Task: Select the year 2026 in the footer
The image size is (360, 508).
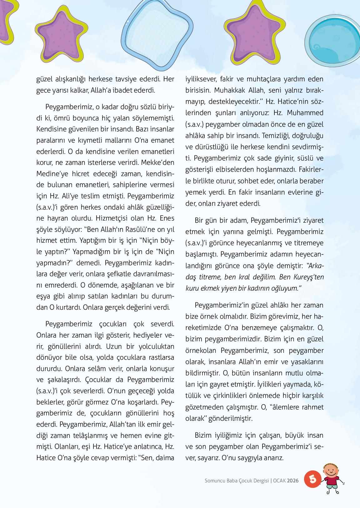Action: tap(293, 481)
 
